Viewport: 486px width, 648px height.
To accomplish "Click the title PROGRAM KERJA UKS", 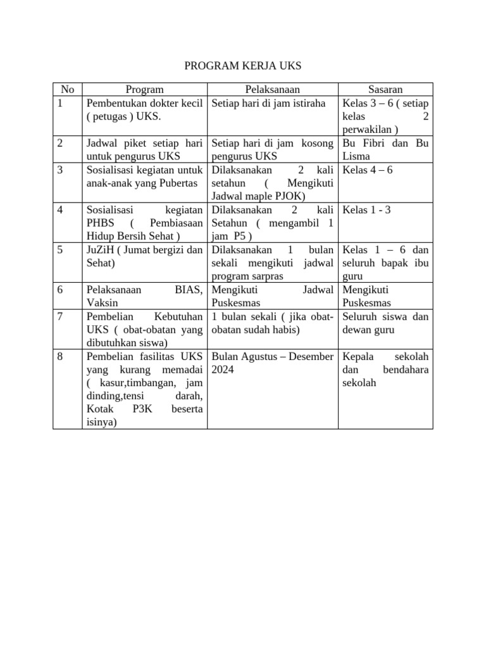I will [x=243, y=66].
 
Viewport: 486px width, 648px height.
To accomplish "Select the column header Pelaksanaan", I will [x=273, y=90].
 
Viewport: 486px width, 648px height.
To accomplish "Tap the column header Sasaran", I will [x=385, y=90].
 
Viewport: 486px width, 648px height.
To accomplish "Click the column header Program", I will [x=144, y=90].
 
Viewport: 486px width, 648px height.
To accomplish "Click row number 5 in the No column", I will [x=60, y=250].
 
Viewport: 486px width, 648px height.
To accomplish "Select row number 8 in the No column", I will [x=60, y=357].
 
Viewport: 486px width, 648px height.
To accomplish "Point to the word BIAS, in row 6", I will [x=189, y=290].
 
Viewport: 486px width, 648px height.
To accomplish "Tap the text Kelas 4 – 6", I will [x=367, y=170].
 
